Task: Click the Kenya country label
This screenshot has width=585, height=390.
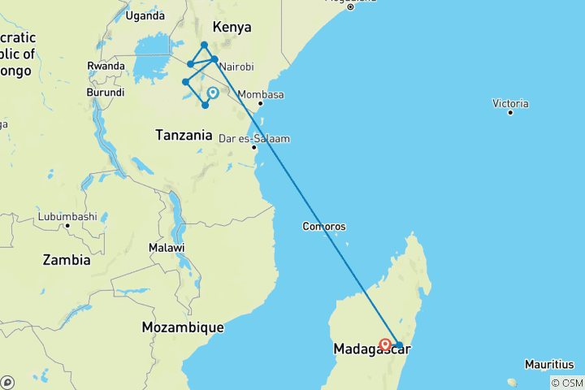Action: [232, 27]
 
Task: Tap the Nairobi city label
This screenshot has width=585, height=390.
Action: [236, 67]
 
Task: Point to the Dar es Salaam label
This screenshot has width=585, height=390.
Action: [253, 138]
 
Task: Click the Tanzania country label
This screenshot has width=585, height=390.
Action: [185, 136]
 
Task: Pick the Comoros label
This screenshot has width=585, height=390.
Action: [324, 227]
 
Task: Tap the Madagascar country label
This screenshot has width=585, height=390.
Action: [370, 349]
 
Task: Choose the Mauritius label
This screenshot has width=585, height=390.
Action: [549, 364]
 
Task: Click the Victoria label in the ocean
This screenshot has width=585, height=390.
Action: [510, 103]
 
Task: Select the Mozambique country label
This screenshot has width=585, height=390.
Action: [183, 327]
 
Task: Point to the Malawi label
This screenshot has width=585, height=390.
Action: [167, 247]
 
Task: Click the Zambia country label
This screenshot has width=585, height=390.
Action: [66, 260]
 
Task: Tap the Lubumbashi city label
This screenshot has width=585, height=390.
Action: [67, 217]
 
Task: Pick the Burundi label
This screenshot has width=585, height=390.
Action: [106, 93]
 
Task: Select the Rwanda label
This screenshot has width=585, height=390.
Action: [106, 67]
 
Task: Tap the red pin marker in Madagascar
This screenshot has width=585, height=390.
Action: [385, 344]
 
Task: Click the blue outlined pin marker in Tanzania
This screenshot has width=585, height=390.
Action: [213, 93]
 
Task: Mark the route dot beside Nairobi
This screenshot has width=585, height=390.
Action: [214, 59]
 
